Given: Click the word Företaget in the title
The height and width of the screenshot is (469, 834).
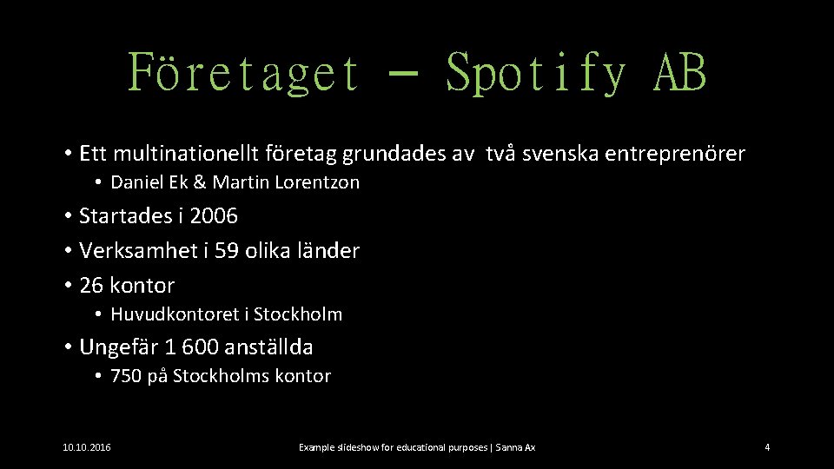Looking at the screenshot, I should [243, 72].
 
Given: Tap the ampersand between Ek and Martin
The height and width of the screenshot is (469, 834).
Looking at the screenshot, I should [200, 183].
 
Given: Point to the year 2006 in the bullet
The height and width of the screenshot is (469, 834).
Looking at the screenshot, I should [213, 215].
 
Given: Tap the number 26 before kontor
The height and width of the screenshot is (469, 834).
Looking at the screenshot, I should [90, 286].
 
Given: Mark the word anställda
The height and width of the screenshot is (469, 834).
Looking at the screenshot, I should [268, 347].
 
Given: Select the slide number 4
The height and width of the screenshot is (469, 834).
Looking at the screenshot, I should [767, 447].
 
